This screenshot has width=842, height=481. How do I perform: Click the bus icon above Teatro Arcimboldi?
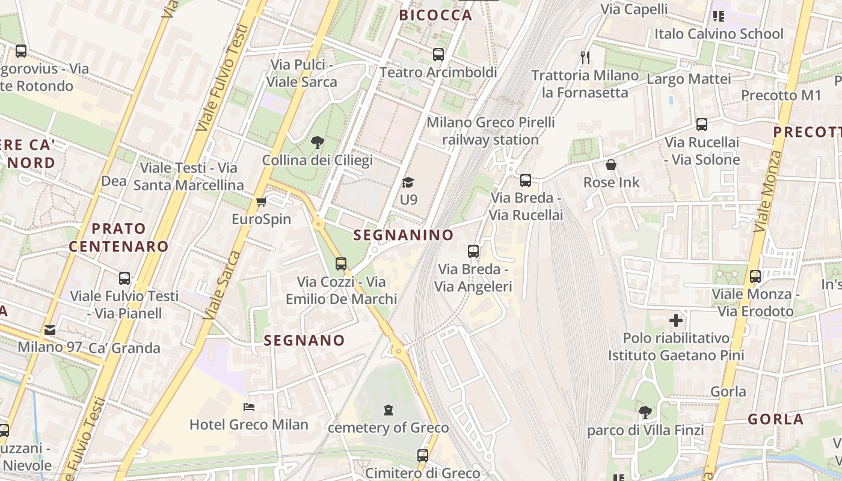tap(438, 55)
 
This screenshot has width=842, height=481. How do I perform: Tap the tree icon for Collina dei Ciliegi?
tap(317, 142)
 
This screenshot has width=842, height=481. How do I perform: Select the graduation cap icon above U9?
tap(408, 182)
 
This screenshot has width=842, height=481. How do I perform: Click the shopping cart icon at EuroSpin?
tap(261, 201)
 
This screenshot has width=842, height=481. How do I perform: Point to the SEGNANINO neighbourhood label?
tap(404, 235)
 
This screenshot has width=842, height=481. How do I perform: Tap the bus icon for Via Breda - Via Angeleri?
tap(473, 251)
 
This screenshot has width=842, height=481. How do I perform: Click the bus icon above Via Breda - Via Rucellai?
tap(526, 180)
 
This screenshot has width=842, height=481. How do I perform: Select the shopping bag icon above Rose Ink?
tap(611, 165)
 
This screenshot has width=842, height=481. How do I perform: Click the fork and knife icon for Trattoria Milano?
tap(585, 58)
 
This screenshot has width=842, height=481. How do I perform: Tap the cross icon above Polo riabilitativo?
tap(676, 320)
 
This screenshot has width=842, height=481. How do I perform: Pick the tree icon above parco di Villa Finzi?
tap(645, 412)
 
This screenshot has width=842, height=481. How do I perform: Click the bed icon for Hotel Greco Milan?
tap(249, 407)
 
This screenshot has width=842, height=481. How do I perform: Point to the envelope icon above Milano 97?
tap(50, 330)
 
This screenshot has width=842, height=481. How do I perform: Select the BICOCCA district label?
tap(436, 16)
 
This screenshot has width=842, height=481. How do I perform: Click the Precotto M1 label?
tap(781, 95)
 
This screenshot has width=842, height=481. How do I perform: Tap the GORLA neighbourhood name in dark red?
tap(775, 419)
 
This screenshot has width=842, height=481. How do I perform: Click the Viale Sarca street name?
tap(219, 286)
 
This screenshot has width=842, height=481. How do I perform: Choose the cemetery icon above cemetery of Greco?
tap(389, 410)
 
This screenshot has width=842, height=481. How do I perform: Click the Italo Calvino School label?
tap(719, 34)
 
